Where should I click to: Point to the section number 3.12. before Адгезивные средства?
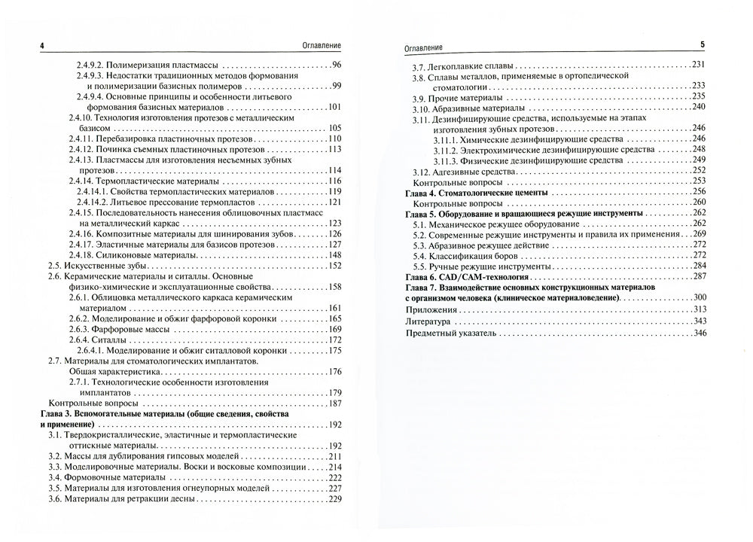[422, 171]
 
